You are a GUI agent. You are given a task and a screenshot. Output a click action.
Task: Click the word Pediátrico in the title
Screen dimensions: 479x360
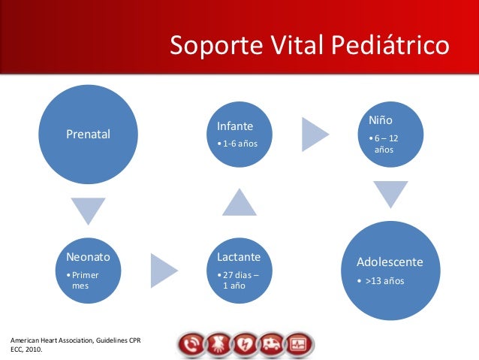coord(390,45)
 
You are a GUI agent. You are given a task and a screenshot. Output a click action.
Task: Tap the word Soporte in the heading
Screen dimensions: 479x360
coord(216,46)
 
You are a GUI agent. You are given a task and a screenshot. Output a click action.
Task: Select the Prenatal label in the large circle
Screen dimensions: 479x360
coord(89,135)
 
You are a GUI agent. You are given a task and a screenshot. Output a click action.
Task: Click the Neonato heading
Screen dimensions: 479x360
coord(89,257)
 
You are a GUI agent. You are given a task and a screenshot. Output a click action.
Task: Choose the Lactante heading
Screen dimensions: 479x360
coord(239,257)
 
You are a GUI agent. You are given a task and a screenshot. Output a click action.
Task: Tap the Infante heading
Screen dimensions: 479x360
coord(235,126)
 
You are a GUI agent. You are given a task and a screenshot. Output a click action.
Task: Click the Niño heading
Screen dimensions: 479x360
coord(381,120)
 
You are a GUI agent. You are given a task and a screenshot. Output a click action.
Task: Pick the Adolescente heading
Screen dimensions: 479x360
coord(390,262)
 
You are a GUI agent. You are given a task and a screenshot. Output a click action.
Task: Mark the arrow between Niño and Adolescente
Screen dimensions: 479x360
coord(390,192)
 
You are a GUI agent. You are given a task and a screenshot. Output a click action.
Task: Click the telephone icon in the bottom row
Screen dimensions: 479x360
coord(191,345)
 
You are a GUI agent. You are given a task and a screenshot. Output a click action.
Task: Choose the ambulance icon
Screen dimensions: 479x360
coord(272,345)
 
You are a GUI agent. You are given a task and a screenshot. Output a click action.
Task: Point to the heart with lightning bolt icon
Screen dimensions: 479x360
coord(245,345)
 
